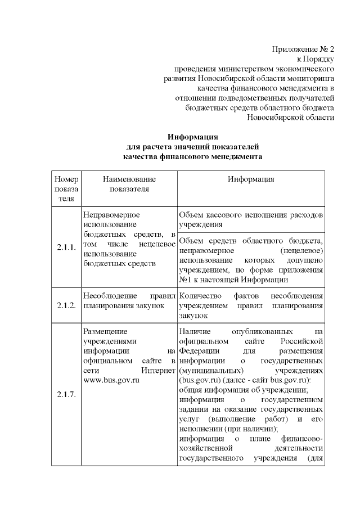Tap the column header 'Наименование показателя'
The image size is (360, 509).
click(x=129, y=183)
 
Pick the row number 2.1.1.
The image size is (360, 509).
click(x=66, y=247)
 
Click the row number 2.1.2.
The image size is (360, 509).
click(x=66, y=305)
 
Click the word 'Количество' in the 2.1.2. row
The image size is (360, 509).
click(x=199, y=295)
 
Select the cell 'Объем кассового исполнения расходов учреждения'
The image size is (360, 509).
click(x=250, y=219)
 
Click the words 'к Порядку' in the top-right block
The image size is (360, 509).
click(x=316, y=58)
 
